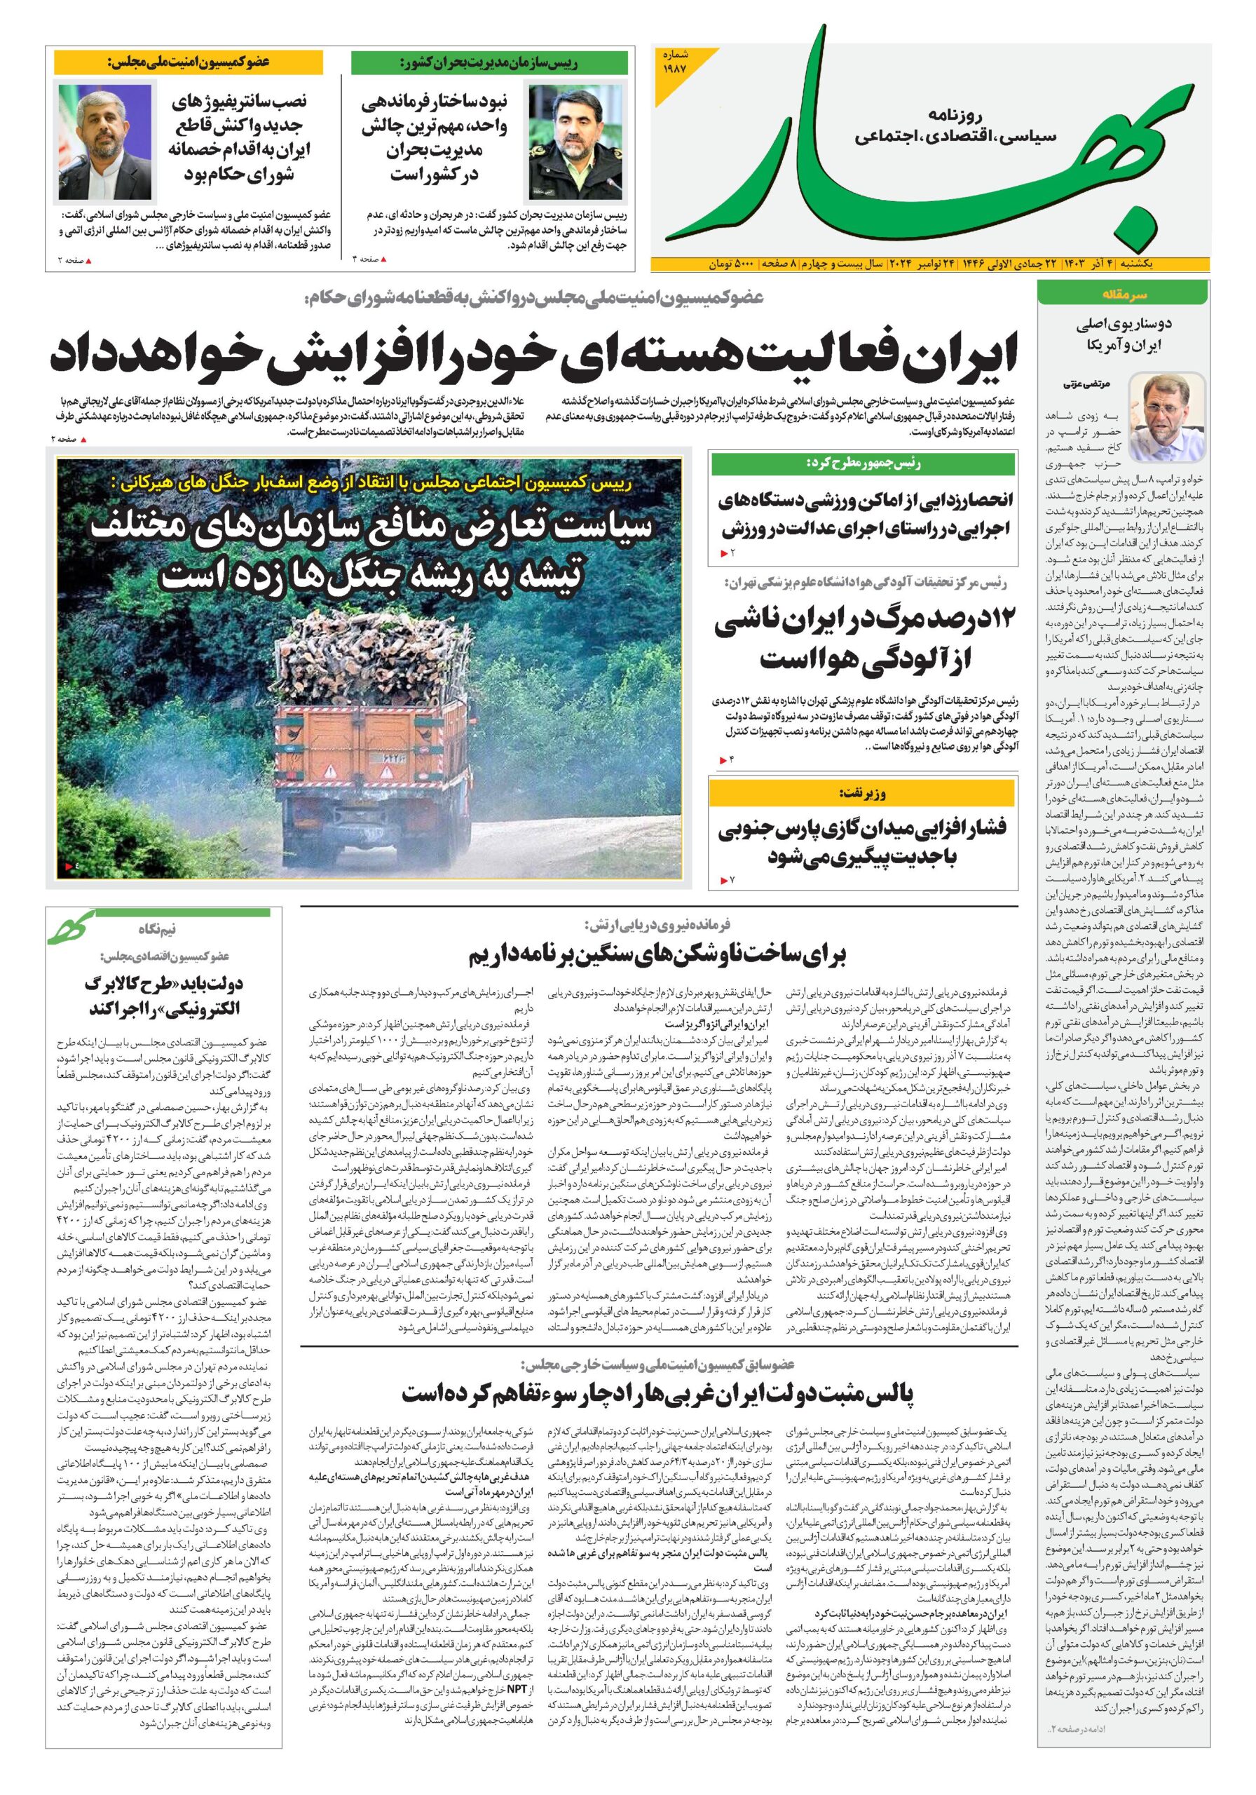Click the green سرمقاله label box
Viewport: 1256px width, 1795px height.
[1122, 294]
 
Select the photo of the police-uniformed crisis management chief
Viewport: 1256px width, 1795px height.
[562, 144]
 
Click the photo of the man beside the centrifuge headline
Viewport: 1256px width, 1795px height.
[106, 142]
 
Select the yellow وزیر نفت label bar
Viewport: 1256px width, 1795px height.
[862, 793]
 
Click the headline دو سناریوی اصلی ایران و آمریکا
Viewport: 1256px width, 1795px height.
[1122, 333]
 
